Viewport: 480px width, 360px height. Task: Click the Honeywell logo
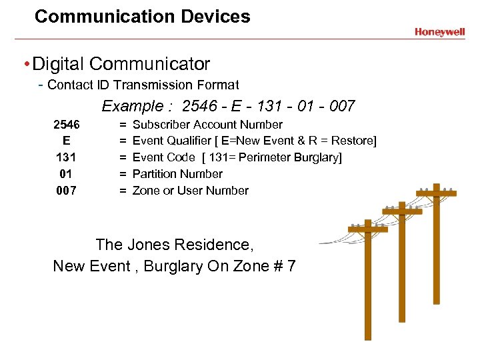(x=439, y=31)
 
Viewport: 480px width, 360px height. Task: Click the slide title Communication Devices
(x=142, y=17)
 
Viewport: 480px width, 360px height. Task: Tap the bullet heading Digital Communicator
(x=121, y=64)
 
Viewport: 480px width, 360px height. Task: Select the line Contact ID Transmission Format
(x=143, y=85)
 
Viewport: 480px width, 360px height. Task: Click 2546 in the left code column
(x=67, y=125)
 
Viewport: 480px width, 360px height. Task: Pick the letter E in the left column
(x=67, y=141)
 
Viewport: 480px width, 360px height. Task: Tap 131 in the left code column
(x=67, y=157)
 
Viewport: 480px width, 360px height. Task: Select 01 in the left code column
(x=67, y=174)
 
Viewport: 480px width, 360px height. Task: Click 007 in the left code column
(x=67, y=191)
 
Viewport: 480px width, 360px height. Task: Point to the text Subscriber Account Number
(x=207, y=125)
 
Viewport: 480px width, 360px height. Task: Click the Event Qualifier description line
(x=255, y=141)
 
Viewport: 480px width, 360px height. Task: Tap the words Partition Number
(x=177, y=174)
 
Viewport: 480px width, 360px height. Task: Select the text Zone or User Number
(x=191, y=191)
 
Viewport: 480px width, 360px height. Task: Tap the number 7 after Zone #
(x=291, y=266)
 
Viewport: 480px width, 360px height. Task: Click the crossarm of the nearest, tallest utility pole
(x=367, y=229)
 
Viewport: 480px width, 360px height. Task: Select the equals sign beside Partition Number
(x=123, y=174)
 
